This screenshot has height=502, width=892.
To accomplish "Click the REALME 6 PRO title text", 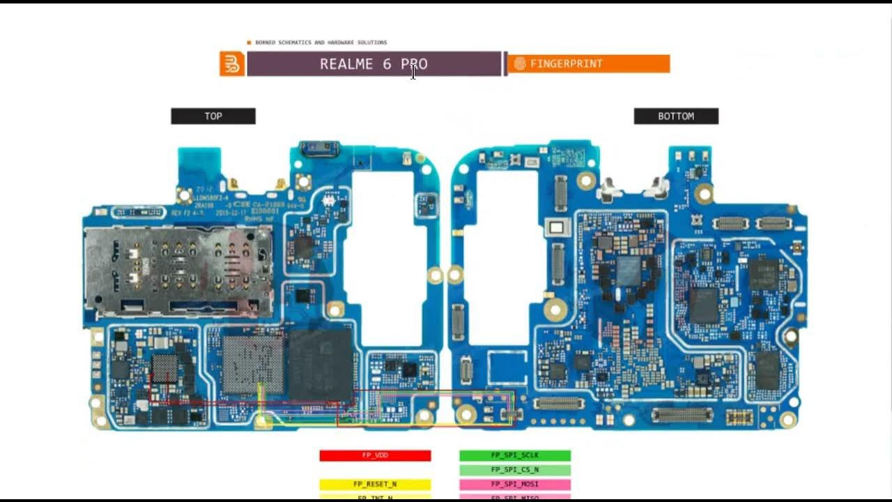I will (x=374, y=64).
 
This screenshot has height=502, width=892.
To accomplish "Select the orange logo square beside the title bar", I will (x=231, y=63).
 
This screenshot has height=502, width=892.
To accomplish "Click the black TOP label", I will (x=213, y=116).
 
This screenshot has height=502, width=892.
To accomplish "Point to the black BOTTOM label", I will (x=676, y=116).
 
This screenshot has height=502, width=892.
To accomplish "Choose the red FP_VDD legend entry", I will (x=375, y=455).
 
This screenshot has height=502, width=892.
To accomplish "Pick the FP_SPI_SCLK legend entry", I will (x=515, y=455).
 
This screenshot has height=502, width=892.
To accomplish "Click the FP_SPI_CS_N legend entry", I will (x=515, y=470).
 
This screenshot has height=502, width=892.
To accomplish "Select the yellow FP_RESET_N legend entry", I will (x=375, y=484).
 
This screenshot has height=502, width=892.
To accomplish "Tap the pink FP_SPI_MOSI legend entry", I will (x=515, y=484).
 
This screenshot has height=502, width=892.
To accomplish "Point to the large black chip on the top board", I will (x=321, y=365).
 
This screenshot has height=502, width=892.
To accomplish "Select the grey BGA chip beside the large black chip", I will (x=252, y=365).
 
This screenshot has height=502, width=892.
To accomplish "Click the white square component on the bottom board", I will (x=556, y=227).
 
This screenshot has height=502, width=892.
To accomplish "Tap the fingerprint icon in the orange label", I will (x=520, y=64).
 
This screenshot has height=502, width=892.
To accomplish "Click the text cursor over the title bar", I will (x=413, y=72).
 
